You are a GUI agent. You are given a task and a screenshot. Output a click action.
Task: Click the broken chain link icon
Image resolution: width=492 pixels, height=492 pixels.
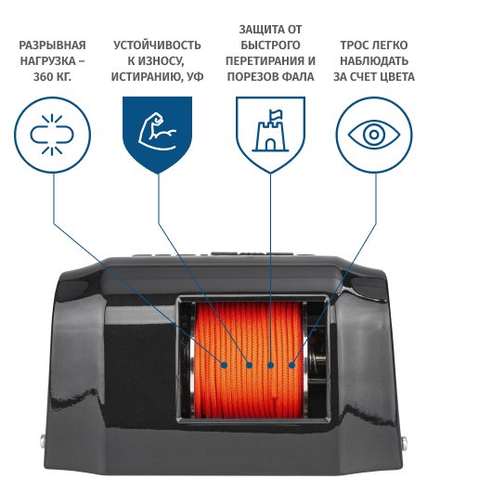click(52, 135)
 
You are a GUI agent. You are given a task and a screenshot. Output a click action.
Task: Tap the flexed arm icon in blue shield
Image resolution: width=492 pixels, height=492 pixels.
click(157, 132)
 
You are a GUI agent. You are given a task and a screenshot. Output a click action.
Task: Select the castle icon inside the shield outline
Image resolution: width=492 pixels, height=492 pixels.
click(270, 131)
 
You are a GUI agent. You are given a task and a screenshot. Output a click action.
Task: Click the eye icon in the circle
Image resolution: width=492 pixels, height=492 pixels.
click(374, 135)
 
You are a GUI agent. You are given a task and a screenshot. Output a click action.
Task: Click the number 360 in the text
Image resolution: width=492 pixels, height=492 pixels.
click(44, 77)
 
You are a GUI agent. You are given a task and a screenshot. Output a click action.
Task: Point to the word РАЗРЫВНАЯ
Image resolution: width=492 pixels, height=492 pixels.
click(52, 45)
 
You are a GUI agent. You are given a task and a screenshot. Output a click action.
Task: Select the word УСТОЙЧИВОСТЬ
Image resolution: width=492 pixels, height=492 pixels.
click(157, 45)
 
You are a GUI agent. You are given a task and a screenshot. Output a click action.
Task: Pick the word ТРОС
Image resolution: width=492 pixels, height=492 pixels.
click(355, 45)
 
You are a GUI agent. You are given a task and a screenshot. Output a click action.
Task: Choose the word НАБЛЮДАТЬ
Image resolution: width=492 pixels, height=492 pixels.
click(374, 61)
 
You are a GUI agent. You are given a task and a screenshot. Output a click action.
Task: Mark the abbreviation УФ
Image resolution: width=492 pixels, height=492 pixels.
click(195, 77)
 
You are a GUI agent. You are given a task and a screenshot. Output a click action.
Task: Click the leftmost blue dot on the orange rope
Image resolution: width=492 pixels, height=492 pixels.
click(224, 365)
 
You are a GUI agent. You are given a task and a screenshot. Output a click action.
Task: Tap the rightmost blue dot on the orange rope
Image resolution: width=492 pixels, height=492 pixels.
click(291, 365)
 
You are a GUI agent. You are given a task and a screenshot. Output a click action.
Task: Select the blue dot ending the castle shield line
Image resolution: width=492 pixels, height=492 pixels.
click(270, 365)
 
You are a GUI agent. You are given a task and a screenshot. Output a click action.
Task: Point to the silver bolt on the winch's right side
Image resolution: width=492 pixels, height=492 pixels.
click(405, 443)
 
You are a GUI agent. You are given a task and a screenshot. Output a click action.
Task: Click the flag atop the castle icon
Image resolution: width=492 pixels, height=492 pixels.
click(276, 114)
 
